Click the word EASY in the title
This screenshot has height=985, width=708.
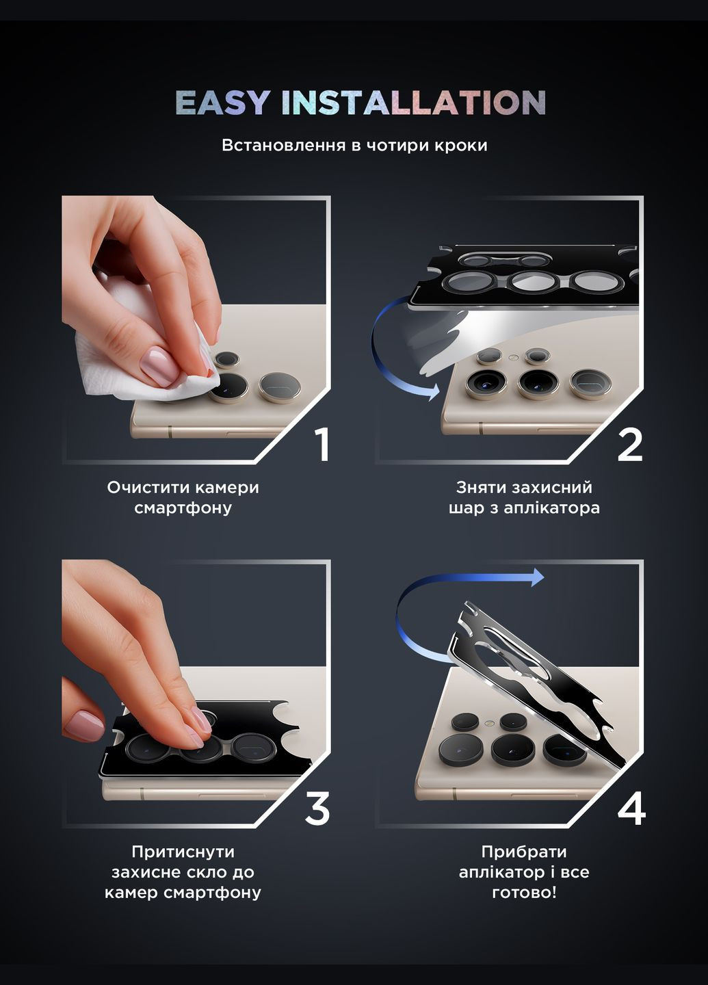tap(222, 103)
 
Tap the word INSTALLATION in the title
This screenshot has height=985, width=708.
tap(414, 103)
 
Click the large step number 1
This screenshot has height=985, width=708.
tap(323, 445)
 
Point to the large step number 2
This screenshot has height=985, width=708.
tap(630, 445)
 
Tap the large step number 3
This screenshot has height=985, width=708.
tap(317, 809)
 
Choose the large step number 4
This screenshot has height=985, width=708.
tap(631, 809)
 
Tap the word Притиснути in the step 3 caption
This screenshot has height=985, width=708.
tap(183, 852)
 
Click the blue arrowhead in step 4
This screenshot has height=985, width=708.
tap(537, 577)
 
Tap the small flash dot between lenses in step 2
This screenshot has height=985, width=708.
tap(512, 358)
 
